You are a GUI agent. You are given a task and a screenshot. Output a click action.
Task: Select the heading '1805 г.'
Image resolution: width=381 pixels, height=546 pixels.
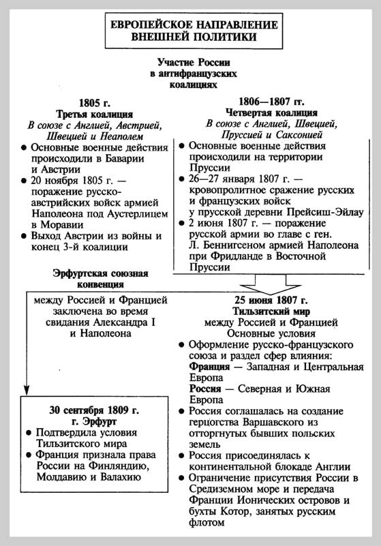pos(94,102)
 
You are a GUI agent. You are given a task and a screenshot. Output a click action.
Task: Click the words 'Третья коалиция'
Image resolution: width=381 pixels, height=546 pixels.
pos(94,114)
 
